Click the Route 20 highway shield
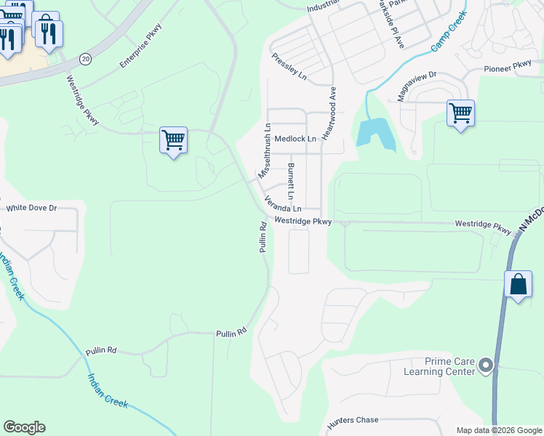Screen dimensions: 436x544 tap(85, 58)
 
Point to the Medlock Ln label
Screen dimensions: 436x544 tap(295, 139)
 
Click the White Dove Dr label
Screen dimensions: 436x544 tap(31, 208)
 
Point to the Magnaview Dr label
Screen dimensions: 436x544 tap(417, 80)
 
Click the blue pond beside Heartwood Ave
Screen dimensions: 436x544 tap(374, 134)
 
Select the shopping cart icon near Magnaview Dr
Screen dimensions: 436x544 tap(460, 113)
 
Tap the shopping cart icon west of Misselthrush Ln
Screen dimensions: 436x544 tap(174, 139)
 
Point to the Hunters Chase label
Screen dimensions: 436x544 tap(353, 420)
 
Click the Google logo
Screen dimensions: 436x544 tap(24, 427)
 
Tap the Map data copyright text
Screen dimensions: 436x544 tap(498, 430)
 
